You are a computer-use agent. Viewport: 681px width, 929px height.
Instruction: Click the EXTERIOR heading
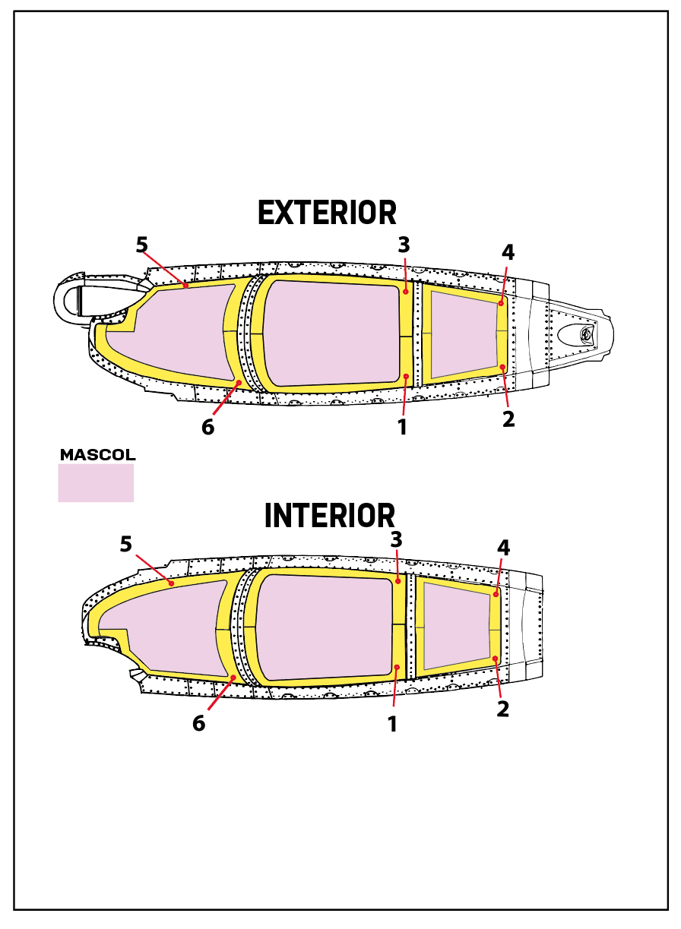[x=327, y=213]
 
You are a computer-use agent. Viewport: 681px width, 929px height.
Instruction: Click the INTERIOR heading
[x=329, y=516]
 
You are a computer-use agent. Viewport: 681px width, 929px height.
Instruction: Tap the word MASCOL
[x=97, y=455]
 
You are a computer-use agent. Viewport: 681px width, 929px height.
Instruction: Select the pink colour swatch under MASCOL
[x=96, y=483]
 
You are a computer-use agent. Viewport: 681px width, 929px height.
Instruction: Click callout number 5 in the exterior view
[x=141, y=245]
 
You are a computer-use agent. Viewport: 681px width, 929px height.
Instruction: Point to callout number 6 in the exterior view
[x=207, y=427]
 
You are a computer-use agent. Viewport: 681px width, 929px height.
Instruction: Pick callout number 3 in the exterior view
[x=404, y=245]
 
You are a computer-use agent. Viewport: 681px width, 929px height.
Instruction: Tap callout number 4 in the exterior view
[x=508, y=252]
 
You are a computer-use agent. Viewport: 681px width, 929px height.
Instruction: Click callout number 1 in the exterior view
[x=402, y=427]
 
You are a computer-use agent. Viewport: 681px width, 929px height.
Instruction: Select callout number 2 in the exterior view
[x=508, y=418]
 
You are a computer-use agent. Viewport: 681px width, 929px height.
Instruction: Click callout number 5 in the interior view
[x=126, y=544]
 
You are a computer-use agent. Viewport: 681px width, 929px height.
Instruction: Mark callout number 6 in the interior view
[x=198, y=723]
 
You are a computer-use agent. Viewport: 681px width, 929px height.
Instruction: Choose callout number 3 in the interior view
[x=396, y=540]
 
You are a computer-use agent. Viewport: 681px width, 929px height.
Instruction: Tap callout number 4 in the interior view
[x=503, y=547]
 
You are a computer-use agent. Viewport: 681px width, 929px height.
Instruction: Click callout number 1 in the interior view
[x=392, y=724]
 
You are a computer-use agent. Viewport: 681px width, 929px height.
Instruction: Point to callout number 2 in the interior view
[x=502, y=709]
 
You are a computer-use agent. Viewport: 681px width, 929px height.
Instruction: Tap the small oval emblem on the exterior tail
[x=577, y=333]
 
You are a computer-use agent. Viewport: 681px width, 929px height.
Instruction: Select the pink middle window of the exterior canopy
[x=331, y=332]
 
